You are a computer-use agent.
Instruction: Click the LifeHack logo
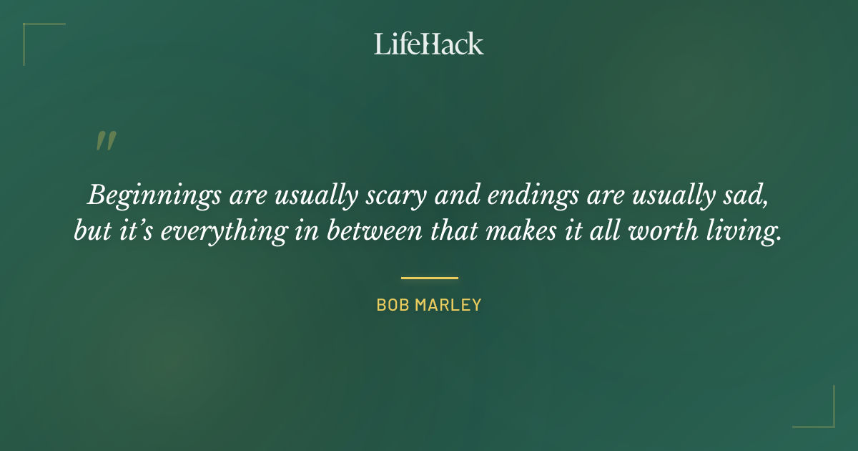pos(429,44)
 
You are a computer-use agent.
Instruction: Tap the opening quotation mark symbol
pos(106,141)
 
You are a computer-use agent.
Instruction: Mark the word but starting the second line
pos(92,232)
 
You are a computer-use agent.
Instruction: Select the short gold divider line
pos(429,278)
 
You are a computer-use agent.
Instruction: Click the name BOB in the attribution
pos(392,305)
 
